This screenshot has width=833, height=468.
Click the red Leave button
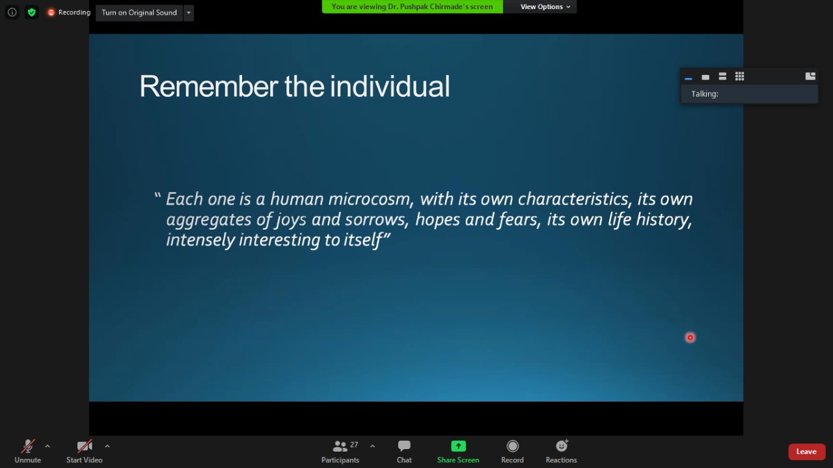(806, 452)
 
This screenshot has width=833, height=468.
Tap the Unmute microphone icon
(27, 446)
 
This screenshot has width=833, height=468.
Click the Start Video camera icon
(85, 446)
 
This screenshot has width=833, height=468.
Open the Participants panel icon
(340, 446)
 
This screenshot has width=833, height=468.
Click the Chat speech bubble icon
(404, 446)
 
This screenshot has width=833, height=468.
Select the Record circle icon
(512, 446)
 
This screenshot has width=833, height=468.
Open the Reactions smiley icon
(562, 446)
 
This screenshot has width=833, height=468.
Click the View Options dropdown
(545, 7)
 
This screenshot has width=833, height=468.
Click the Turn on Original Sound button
(139, 12)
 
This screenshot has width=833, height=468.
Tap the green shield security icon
(32, 12)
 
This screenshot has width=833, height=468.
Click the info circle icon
(12, 12)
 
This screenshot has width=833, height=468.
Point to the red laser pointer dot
(690, 337)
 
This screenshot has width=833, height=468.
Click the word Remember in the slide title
(209, 86)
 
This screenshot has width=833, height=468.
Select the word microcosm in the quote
(371, 199)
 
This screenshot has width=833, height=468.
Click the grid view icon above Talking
(740, 76)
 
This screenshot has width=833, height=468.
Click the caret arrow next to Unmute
(48, 446)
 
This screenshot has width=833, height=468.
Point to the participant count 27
(354, 445)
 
